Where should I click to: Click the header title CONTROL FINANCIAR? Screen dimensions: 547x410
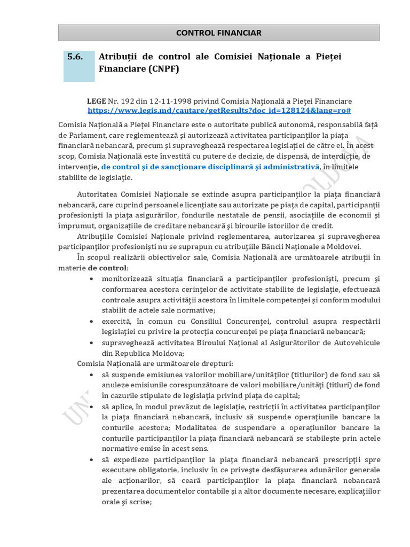[x=219, y=33]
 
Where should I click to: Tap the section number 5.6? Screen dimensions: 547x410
[x=75, y=57]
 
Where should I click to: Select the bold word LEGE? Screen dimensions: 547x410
[x=97, y=101]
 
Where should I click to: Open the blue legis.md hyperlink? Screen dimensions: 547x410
[x=219, y=110]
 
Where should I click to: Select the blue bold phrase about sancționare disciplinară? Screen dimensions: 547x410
[x=210, y=167]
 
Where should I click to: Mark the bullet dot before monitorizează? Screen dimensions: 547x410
[x=93, y=279]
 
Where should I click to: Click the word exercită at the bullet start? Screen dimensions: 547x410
[x=117, y=321]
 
